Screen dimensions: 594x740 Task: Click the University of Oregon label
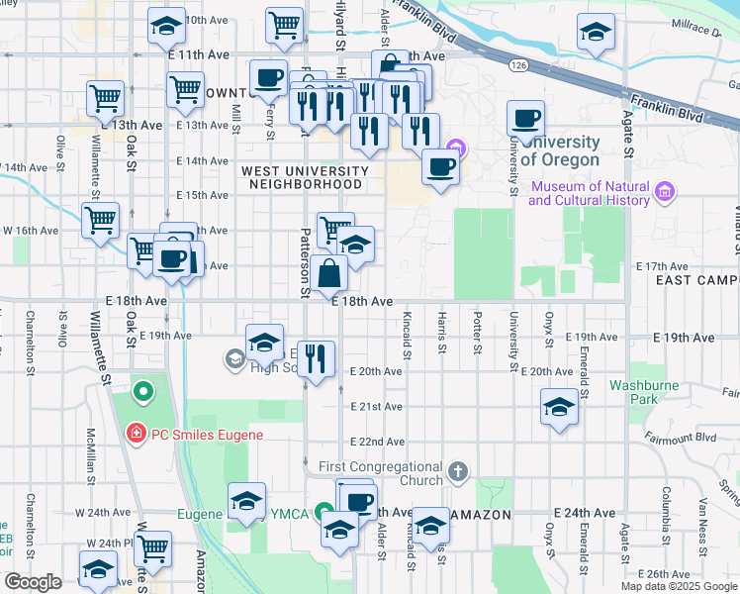[x=560, y=151]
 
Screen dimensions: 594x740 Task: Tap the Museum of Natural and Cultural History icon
[x=664, y=188]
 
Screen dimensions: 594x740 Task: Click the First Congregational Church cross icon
[x=456, y=472]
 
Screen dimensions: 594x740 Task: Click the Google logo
[x=33, y=582]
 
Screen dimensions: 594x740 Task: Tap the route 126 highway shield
[x=517, y=64]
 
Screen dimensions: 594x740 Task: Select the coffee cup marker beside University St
[x=526, y=120]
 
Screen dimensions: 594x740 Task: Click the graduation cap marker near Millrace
[x=596, y=33]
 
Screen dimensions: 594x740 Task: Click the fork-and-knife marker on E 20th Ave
[x=317, y=359]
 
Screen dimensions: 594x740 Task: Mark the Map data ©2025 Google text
[x=679, y=586]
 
